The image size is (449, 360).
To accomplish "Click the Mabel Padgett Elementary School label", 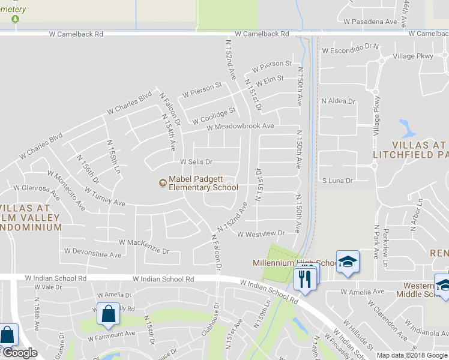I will click(x=203, y=183).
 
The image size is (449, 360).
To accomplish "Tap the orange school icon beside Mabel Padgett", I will click(x=161, y=182).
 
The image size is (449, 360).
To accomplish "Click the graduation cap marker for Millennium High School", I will click(x=348, y=262).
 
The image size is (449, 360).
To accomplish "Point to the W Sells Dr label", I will click(x=197, y=162).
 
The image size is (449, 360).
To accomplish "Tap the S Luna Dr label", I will click(x=337, y=180).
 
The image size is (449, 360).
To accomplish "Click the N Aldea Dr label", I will click(x=339, y=101).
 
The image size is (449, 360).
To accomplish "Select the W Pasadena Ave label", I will click(x=370, y=22).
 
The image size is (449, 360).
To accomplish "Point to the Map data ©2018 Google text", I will click(x=412, y=355).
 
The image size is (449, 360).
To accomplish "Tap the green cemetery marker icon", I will click(x=15, y=19).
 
